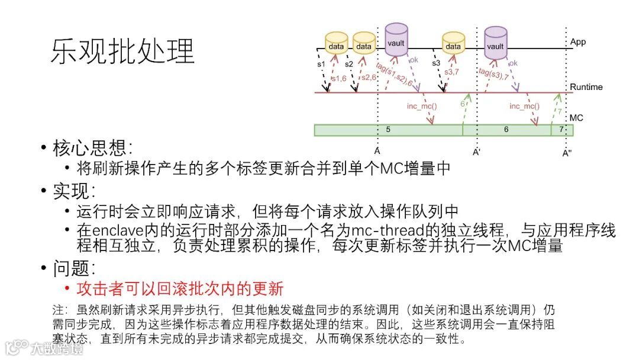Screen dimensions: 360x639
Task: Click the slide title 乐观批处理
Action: [122, 52]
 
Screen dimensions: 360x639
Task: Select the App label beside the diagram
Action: [577, 43]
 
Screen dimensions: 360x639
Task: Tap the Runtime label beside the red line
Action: [586, 87]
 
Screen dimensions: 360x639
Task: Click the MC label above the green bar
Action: [576, 118]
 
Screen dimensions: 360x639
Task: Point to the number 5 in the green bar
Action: [388, 129]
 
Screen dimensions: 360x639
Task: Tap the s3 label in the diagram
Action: [436, 63]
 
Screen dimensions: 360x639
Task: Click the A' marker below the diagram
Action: [476, 152]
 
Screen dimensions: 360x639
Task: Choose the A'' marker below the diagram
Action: [567, 152]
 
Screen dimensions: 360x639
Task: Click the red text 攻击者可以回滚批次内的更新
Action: [180, 289]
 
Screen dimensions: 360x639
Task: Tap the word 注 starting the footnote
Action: [57, 310]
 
